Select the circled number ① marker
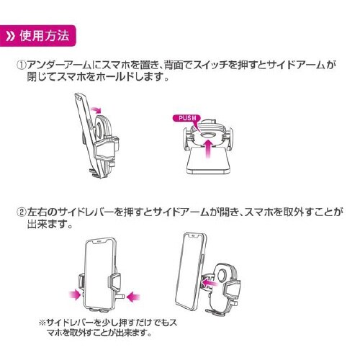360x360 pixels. click(22, 64)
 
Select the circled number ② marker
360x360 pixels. click(22, 213)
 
